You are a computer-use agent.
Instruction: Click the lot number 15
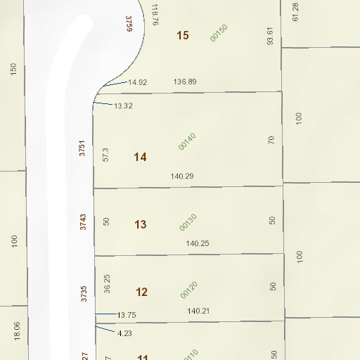(183, 35)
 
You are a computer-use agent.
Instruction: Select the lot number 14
(141, 157)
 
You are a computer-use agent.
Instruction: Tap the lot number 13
(141, 224)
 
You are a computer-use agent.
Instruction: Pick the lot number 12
(141, 292)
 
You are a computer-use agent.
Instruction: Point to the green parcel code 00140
(187, 141)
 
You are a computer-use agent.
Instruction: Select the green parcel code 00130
(187, 221)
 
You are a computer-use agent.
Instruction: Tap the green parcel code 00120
(188, 289)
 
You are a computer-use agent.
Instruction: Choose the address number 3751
(83, 148)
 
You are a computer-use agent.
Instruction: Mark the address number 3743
(83, 222)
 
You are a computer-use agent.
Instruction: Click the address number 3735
(84, 293)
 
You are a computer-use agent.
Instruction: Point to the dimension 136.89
(185, 82)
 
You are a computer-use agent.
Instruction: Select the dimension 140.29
(182, 176)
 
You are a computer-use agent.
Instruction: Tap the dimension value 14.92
(138, 82)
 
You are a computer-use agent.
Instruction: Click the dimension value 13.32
(123, 105)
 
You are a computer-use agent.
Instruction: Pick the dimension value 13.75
(127, 315)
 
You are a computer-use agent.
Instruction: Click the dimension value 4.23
(124, 333)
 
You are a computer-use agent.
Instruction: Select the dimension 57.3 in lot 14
(106, 155)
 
